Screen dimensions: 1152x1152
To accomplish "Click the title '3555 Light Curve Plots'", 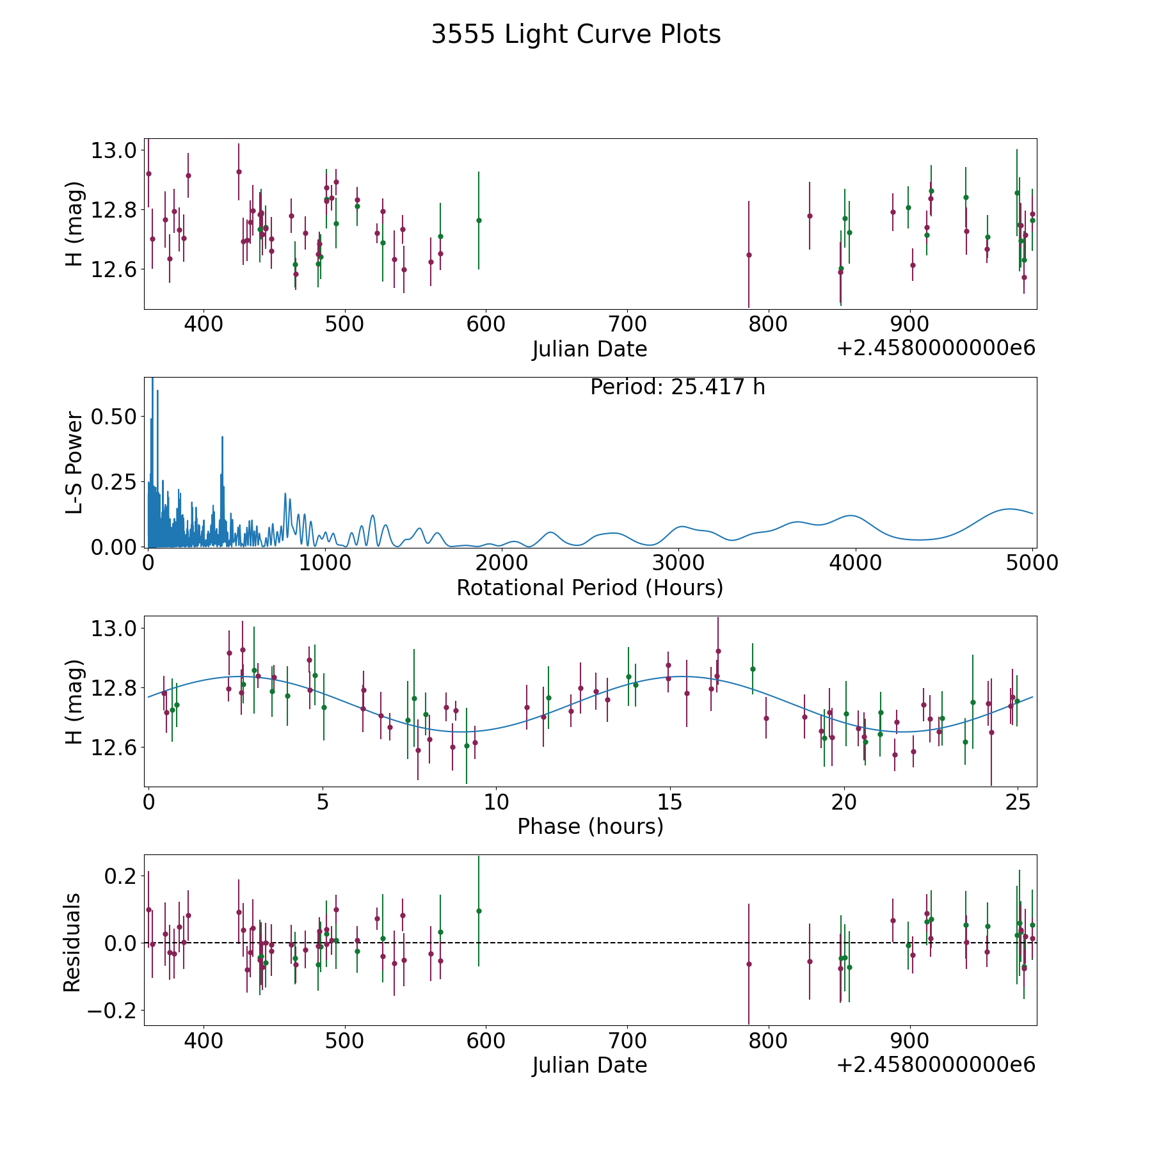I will pos(576,35).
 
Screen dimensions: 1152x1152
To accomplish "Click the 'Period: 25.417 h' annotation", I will pos(677,387).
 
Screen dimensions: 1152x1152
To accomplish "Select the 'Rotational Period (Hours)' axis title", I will pos(589,588).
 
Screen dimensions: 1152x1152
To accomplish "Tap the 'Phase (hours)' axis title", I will pos(589,826).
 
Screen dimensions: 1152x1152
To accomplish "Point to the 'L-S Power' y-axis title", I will pos(75,462).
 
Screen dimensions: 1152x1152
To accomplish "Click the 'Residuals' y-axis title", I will pos(72,942).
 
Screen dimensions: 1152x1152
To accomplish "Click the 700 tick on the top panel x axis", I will pos(627,324).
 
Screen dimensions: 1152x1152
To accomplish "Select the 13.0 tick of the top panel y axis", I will pos(114,151).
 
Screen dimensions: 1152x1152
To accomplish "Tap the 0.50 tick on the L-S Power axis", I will pos(114,417).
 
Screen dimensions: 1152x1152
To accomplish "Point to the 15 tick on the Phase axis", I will pos(670,802).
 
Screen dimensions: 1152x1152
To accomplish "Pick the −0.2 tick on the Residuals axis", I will pos(107,1011).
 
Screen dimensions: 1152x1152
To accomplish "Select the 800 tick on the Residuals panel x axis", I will pos(768,1041).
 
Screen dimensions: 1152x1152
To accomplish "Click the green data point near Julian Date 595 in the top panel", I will pos(479,220).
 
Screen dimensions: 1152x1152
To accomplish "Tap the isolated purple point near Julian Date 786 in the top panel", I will pos(749,255).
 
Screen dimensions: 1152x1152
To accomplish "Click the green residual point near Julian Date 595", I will pos(479,911).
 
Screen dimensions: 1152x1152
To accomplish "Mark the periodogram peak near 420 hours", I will pos(222,437).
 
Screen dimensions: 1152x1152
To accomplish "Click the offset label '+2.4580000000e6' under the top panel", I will pos(936,349).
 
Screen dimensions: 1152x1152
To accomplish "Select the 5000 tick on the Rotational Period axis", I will pos(1032,563).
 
